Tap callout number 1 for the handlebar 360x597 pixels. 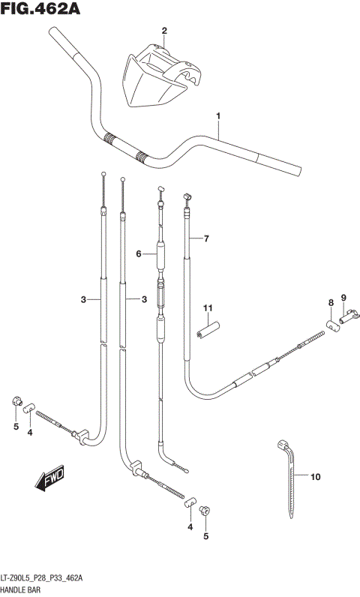tap(218, 116)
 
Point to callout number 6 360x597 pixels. tap(139, 254)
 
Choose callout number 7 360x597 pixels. tap(206, 238)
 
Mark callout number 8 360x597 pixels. tap(329, 302)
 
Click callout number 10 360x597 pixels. tap(316, 476)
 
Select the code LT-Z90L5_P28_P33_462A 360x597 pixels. tap(42, 579)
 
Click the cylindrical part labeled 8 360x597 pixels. tap(331, 324)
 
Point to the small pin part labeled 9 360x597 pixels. tap(346, 320)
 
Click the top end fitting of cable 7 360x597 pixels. tap(187, 197)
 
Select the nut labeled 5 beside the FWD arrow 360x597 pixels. tap(16, 403)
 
